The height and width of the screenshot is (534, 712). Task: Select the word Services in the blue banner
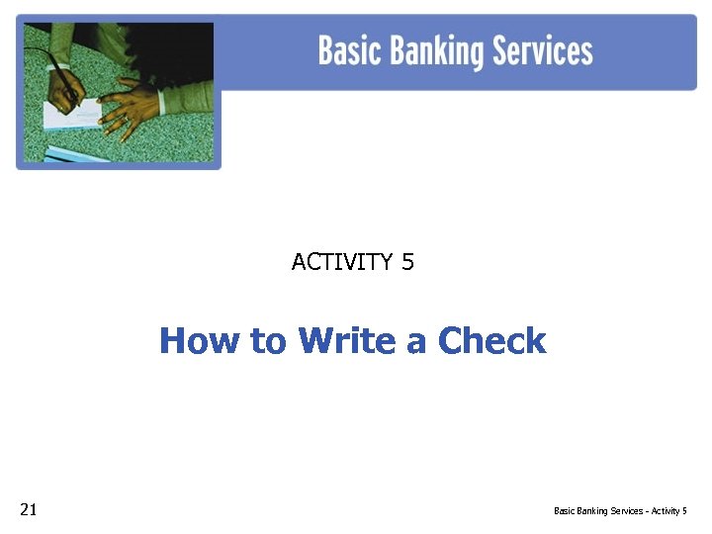click(x=547, y=50)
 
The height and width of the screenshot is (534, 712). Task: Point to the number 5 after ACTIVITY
click(x=407, y=262)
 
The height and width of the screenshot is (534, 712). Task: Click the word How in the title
click(x=200, y=341)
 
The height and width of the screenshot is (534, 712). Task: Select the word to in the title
click(x=267, y=341)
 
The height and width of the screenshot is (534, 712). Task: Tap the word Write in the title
click(x=347, y=341)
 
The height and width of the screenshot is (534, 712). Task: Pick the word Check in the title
click(x=491, y=341)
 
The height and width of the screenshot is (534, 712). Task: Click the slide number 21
click(x=29, y=510)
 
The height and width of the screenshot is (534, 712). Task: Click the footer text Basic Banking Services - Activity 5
click(x=620, y=511)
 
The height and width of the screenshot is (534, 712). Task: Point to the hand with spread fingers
click(x=133, y=104)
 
